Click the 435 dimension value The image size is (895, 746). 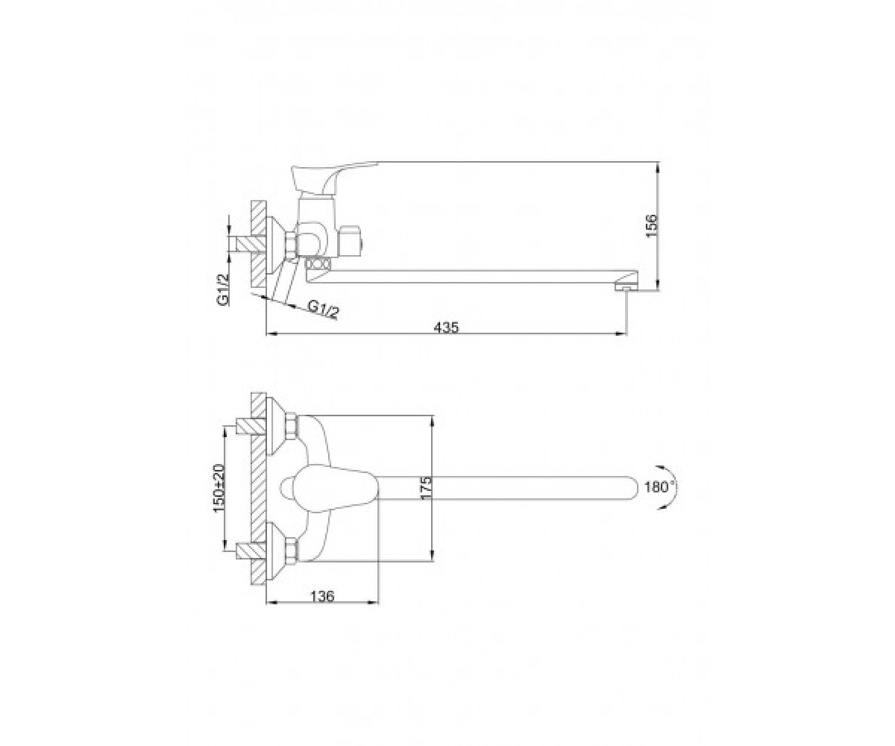446,327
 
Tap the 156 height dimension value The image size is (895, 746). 650,226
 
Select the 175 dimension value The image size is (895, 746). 426,487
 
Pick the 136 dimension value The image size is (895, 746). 322,596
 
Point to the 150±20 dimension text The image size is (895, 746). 219,489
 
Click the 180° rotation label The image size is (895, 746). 659,486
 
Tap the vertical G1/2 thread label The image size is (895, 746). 223,290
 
